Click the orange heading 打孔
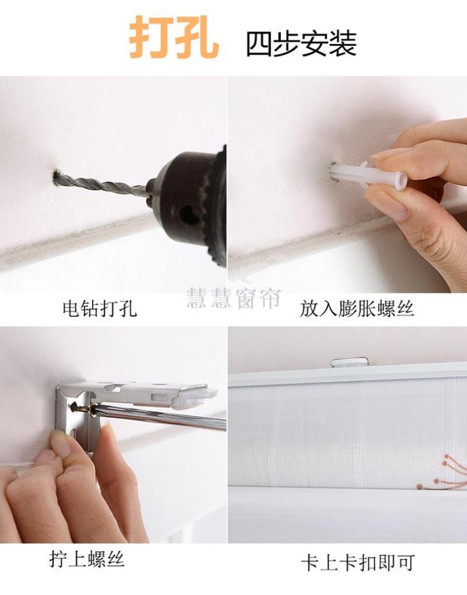[x=174, y=37]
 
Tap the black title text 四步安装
[x=301, y=44]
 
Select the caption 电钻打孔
[x=99, y=309]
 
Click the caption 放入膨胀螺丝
[x=357, y=309]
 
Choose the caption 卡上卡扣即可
[x=357, y=563]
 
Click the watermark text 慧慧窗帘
[x=233, y=298]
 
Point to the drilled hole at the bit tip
[x=58, y=178]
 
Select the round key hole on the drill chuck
[x=189, y=215]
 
